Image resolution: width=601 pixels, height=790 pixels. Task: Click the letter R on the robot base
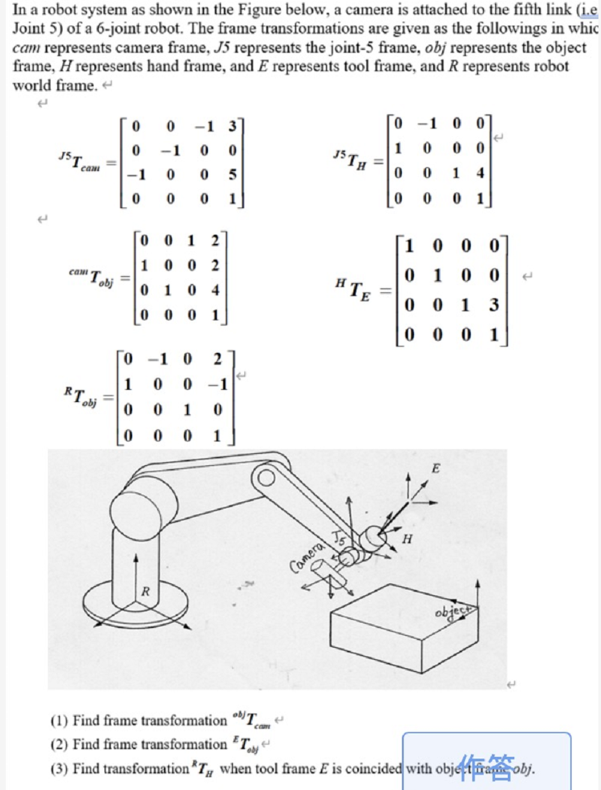(x=145, y=592)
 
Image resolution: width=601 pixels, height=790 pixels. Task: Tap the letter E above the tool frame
(x=436, y=469)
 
